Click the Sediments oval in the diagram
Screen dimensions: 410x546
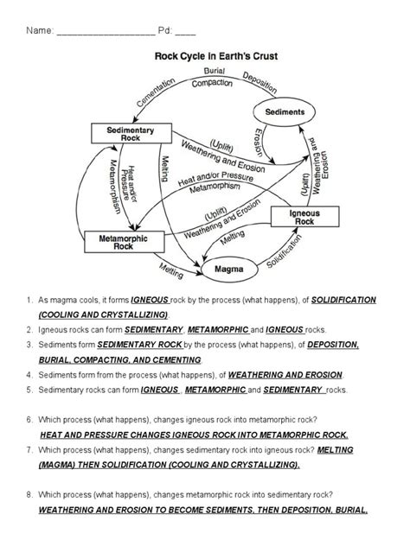point(284,111)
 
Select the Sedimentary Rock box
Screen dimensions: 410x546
point(131,133)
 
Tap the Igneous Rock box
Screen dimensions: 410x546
point(305,217)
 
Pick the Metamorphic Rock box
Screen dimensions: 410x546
point(124,242)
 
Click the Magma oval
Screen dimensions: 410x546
point(229,270)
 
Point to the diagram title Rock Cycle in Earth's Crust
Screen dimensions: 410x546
point(216,56)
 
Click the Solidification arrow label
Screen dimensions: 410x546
point(284,251)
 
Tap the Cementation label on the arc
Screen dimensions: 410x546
point(156,92)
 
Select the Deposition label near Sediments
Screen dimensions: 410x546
point(260,83)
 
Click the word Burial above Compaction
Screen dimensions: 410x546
point(215,71)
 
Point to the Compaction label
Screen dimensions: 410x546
point(212,83)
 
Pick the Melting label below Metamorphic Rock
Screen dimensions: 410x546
point(171,271)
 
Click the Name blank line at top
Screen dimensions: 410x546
point(106,35)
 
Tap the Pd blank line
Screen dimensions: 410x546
point(185,35)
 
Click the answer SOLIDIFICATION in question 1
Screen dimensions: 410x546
point(343,300)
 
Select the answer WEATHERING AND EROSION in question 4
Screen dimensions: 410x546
point(285,375)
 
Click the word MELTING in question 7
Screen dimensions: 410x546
point(335,450)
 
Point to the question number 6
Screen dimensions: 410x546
point(29,420)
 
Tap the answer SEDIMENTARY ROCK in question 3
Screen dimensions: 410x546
point(140,345)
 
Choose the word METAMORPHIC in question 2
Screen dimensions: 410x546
point(218,330)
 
